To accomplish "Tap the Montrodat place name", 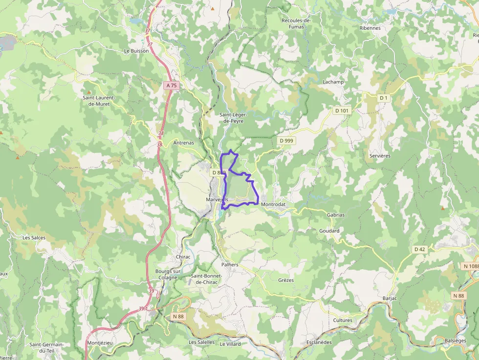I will [273, 204].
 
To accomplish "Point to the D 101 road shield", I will [342, 111].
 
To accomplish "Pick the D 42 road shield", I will [420, 249].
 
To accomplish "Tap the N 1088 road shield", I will [471, 266].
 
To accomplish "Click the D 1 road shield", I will [384, 98].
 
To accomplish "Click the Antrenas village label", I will [184, 143].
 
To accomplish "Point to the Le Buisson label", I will [136, 51].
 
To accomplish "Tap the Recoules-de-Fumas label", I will [296, 23].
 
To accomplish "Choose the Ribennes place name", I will [370, 28].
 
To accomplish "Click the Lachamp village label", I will [333, 82].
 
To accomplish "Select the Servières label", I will [380, 156].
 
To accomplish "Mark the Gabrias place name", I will [335, 215].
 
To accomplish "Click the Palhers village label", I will [230, 265].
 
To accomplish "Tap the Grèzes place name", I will [286, 280].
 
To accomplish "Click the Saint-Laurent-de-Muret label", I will [98, 101].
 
